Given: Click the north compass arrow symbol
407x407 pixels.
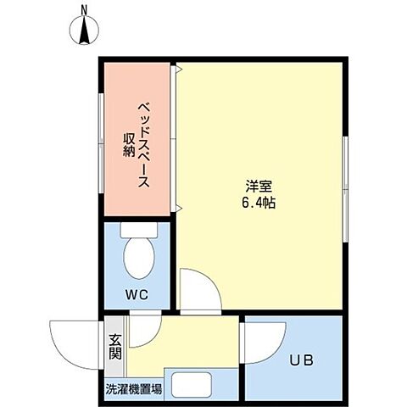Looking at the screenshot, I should point(85,32).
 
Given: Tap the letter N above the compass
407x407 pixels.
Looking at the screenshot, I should point(85,10).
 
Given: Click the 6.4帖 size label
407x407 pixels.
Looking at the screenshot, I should point(259,203).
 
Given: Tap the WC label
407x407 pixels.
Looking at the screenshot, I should point(138,294).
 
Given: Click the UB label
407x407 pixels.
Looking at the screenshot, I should point(303,360).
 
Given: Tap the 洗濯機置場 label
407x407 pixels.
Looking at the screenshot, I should point(134,391).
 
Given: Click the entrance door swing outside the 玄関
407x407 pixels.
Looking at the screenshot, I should point(75,343).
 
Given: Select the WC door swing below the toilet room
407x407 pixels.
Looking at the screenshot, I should point(141,323).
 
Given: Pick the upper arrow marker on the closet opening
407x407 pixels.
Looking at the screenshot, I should point(177,70).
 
